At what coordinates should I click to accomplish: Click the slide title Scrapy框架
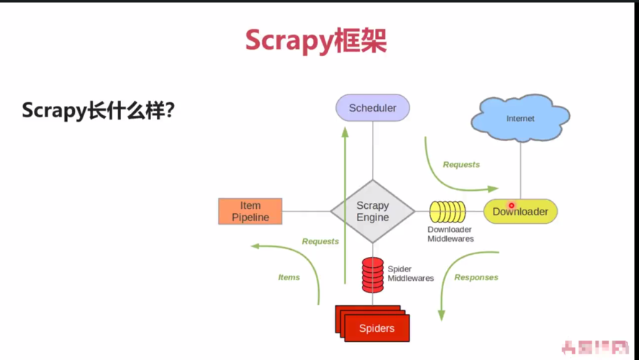316,40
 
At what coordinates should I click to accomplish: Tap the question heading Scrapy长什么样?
99,111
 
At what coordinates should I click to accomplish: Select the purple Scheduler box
373,108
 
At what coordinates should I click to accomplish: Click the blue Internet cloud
520,118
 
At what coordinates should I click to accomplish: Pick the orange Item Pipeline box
250,212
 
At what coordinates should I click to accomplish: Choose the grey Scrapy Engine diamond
373,212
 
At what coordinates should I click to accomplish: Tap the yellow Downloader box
520,212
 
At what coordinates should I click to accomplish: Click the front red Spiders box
377,328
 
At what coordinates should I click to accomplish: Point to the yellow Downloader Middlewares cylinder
448,212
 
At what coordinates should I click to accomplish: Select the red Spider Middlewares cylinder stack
373,274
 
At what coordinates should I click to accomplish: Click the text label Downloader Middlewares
450,234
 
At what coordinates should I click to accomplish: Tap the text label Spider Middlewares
411,274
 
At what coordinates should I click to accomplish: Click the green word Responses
476,277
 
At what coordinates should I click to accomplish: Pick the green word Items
289,277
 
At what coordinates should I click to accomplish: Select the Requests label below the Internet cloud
461,165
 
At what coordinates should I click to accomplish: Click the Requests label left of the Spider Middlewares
320,241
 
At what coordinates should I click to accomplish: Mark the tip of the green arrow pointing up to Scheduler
345,128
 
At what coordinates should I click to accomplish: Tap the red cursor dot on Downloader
512,205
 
